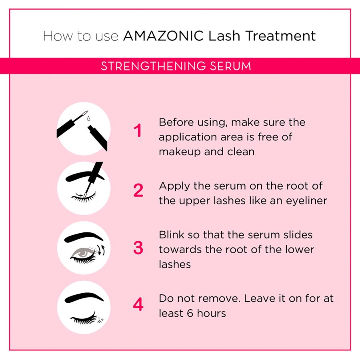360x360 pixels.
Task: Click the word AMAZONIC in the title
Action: coord(163,36)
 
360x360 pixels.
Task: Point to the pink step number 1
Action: coord(138,131)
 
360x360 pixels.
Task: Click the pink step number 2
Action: coord(138,191)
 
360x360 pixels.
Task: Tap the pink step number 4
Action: coord(138,306)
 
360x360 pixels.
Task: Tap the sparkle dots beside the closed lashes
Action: coord(100,320)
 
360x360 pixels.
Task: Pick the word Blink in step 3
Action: coord(171,234)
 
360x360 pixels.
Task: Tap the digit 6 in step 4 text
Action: coord(189,313)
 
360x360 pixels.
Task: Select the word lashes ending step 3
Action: coord(174,264)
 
